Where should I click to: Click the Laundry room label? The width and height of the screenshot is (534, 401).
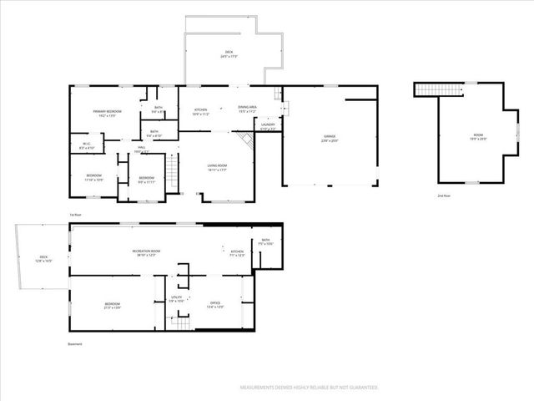tap(268, 127)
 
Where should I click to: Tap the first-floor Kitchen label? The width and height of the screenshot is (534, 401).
tap(201, 111)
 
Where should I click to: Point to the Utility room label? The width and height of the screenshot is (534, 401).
tap(176, 298)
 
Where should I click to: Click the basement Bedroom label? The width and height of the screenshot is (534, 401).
tap(112, 305)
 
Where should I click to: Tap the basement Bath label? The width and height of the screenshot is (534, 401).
tap(264, 242)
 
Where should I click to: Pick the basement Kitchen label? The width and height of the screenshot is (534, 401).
tap(237, 253)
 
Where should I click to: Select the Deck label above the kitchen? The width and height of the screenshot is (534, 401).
tap(229, 53)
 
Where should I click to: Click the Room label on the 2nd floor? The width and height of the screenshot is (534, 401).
tap(478, 136)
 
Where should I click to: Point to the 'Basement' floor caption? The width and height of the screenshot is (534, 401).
tap(76, 343)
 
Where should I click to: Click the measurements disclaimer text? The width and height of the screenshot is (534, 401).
tap(309, 388)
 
